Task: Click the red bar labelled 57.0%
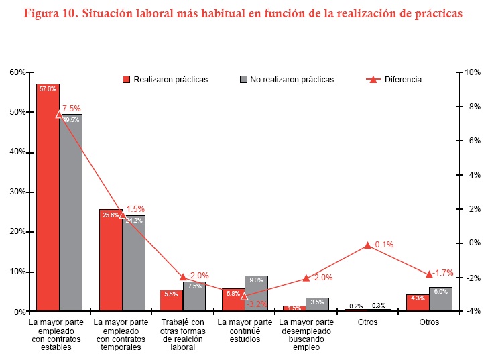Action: point(48,201)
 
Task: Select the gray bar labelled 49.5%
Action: point(70,215)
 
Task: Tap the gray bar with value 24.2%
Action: point(133,265)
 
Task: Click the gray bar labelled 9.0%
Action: point(256,295)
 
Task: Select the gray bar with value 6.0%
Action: point(440,300)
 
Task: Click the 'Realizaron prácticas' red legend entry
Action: point(165,80)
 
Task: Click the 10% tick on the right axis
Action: point(472,72)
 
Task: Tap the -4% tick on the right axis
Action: point(472,311)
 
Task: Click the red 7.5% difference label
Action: point(72,108)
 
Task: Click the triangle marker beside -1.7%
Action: point(429,274)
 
